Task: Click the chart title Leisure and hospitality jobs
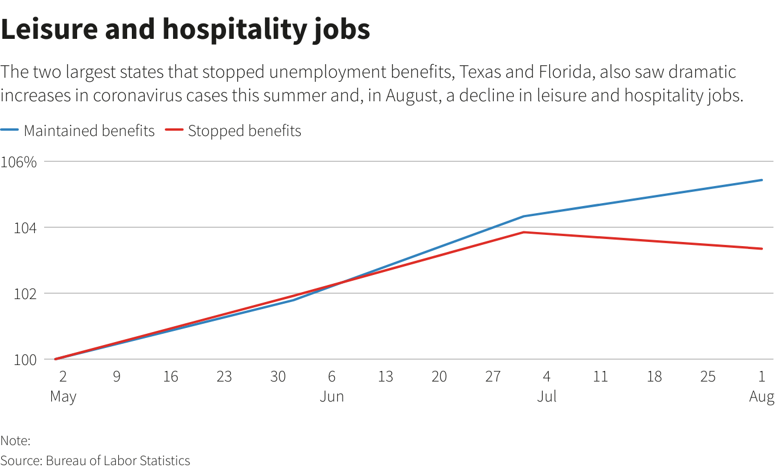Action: (185, 29)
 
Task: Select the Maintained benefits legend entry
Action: (88, 131)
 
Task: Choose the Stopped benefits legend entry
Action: (244, 131)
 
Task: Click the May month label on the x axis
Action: (63, 397)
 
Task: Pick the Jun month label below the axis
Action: (331, 397)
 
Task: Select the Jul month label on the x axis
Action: (546, 397)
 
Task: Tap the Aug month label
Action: (762, 397)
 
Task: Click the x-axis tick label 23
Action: (224, 376)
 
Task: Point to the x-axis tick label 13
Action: (385, 376)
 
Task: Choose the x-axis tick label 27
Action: (493, 376)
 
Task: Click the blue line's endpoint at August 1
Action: (762, 180)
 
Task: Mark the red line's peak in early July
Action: (524, 232)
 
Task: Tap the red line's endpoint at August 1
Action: (762, 248)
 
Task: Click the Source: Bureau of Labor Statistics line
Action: (95, 460)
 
